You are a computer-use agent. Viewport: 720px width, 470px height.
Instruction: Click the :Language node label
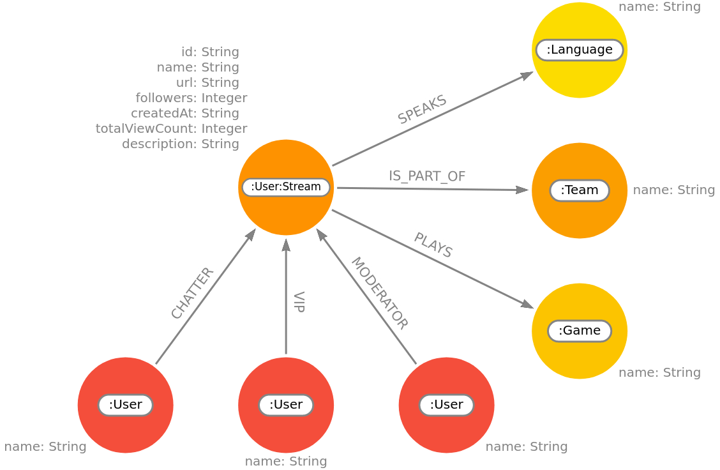point(579,50)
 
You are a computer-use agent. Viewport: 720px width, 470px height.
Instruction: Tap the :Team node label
point(579,190)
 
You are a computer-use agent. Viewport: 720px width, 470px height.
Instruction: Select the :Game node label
point(579,331)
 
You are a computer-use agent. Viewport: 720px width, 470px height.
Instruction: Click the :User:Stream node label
point(286,187)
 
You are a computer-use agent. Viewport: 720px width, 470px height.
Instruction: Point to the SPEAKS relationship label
point(423,110)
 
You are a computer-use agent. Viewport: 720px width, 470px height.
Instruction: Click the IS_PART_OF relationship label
point(427,177)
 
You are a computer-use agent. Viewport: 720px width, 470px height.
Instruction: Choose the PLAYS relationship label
point(433,245)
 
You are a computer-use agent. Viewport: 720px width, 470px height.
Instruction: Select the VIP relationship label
point(298,302)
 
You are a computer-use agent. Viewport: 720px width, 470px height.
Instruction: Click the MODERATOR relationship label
point(379,293)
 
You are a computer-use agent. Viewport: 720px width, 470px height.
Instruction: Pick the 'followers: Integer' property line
point(191,98)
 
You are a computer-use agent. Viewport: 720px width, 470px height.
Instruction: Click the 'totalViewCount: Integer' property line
point(171,129)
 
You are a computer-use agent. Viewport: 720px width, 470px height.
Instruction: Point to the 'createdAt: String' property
point(185,114)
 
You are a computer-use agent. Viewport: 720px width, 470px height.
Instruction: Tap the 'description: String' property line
point(181,144)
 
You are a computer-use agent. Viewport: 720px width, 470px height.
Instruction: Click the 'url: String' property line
point(207,83)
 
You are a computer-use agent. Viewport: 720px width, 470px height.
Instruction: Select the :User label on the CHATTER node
point(125,405)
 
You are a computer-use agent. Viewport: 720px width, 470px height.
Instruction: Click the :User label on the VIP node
point(285,405)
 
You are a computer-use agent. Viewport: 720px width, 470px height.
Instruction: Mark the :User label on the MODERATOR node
point(446,405)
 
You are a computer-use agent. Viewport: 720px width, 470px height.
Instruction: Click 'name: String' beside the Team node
point(673,190)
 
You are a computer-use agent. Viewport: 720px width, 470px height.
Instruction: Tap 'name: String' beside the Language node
point(659,8)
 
